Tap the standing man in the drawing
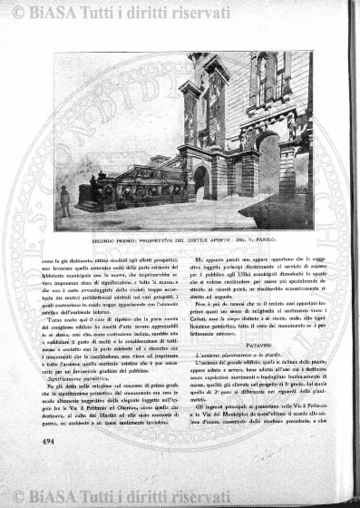pyautogui.click(x=64, y=200)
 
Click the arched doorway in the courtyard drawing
pyautogui.click(x=200, y=181)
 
